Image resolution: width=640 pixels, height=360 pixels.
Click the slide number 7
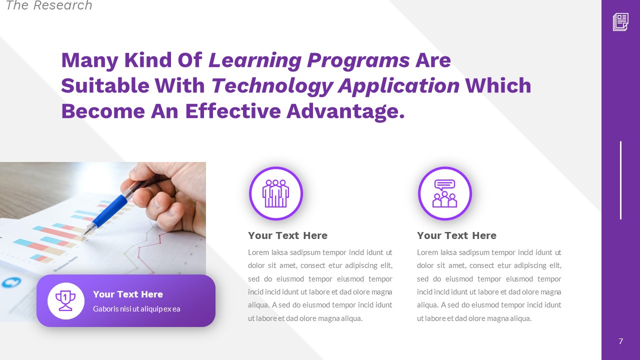pos(620,341)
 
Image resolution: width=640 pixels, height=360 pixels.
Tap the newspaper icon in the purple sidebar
pos(620,22)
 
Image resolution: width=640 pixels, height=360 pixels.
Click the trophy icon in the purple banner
pos(66,300)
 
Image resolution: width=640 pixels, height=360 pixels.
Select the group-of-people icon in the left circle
pos(276,193)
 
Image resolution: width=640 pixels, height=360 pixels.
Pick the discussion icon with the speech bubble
pos(444,193)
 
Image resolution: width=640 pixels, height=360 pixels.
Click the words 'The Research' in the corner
pos(48,6)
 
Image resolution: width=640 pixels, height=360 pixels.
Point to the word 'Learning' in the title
pos(255,60)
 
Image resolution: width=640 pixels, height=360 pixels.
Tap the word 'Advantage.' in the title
pos(345,110)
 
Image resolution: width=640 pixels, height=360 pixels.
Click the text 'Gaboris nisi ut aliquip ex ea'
pos(136,309)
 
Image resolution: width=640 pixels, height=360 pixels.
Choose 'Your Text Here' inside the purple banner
pos(128,294)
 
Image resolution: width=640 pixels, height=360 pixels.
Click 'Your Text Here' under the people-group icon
pos(287,235)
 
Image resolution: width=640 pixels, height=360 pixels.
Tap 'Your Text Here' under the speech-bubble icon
pos(456,235)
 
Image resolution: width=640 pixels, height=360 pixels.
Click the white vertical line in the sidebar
pos(620,180)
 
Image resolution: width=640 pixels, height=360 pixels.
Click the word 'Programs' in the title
pos(358,60)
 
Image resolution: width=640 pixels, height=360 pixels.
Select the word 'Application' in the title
pos(398,85)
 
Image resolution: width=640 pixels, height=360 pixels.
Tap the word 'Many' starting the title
pos(89,60)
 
